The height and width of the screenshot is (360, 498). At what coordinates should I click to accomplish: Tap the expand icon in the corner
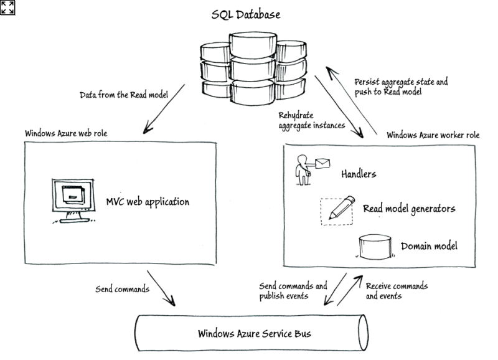(x=7, y=7)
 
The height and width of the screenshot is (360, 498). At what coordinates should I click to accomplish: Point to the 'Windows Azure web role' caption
(x=69, y=134)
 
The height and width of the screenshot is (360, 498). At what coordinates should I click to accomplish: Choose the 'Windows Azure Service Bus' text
(x=254, y=333)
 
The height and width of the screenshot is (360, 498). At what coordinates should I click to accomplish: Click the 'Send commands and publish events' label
(x=293, y=291)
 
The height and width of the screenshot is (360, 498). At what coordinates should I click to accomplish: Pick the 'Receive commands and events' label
(x=397, y=291)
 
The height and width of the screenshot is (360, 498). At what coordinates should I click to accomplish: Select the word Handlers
(x=358, y=174)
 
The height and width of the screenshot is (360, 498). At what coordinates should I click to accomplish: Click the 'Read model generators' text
(x=408, y=209)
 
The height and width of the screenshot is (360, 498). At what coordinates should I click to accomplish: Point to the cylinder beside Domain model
(x=374, y=247)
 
